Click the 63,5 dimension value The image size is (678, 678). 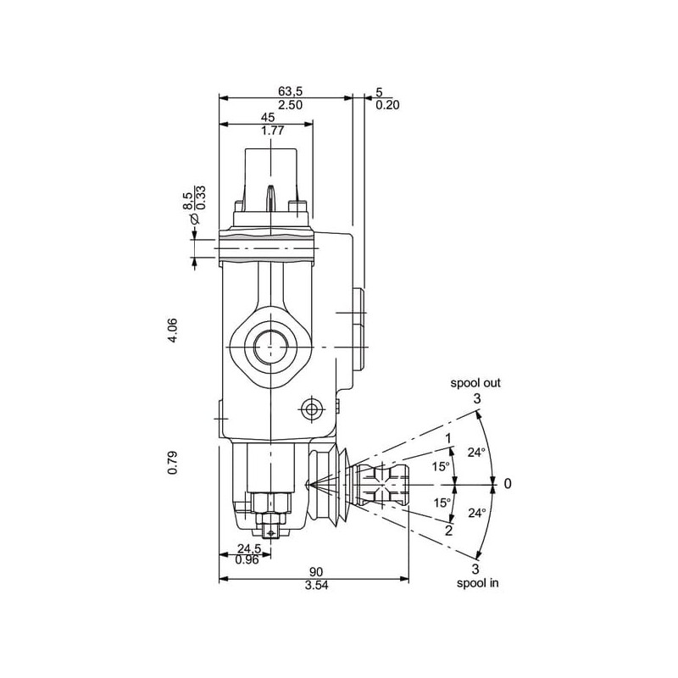coord(290,92)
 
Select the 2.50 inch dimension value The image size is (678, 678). coord(290,105)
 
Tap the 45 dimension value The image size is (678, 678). coord(268,117)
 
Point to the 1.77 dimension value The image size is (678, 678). coord(272,131)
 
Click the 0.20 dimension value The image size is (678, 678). coord(387,105)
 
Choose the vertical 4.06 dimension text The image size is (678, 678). coord(173,331)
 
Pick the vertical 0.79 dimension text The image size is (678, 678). coord(173,463)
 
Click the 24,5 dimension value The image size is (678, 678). coord(249,548)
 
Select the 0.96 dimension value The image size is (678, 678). coord(247,560)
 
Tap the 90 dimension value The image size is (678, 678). coord(316,573)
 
